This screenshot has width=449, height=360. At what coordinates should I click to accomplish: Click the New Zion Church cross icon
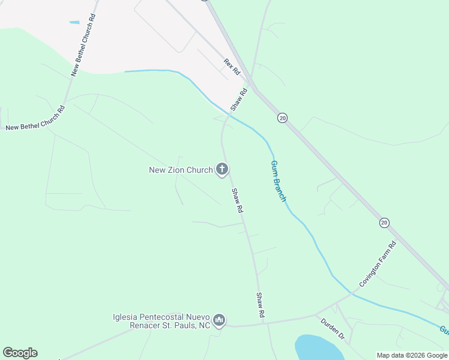click(222, 170)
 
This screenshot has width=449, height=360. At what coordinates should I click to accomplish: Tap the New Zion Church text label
click(181, 170)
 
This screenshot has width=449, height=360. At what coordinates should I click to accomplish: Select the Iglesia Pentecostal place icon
click(219, 321)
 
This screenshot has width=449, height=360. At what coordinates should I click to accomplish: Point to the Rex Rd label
click(232, 67)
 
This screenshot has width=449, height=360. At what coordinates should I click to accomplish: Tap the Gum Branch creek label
click(278, 181)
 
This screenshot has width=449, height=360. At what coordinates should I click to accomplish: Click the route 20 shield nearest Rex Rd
click(283, 118)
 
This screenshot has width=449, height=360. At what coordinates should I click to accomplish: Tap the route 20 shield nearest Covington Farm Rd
click(384, 223)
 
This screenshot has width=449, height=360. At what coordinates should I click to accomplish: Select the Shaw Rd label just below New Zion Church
click(238, 200)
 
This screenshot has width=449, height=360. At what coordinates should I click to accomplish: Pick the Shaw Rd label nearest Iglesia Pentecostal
click(261, 305)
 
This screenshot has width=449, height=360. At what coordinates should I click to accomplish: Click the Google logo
click(20, 353)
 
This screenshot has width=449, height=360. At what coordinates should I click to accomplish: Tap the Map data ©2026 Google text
click(412, 355)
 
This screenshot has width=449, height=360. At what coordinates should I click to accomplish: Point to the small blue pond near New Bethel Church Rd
click(74, 23)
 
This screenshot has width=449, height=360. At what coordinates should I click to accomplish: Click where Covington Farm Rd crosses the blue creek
click(351, 294)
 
